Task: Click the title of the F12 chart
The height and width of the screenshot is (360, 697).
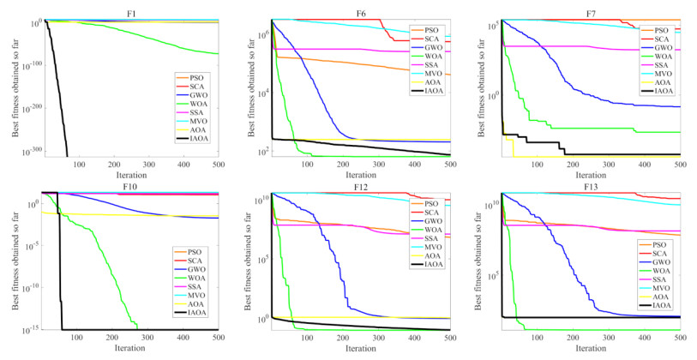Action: tap(361, 185)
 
